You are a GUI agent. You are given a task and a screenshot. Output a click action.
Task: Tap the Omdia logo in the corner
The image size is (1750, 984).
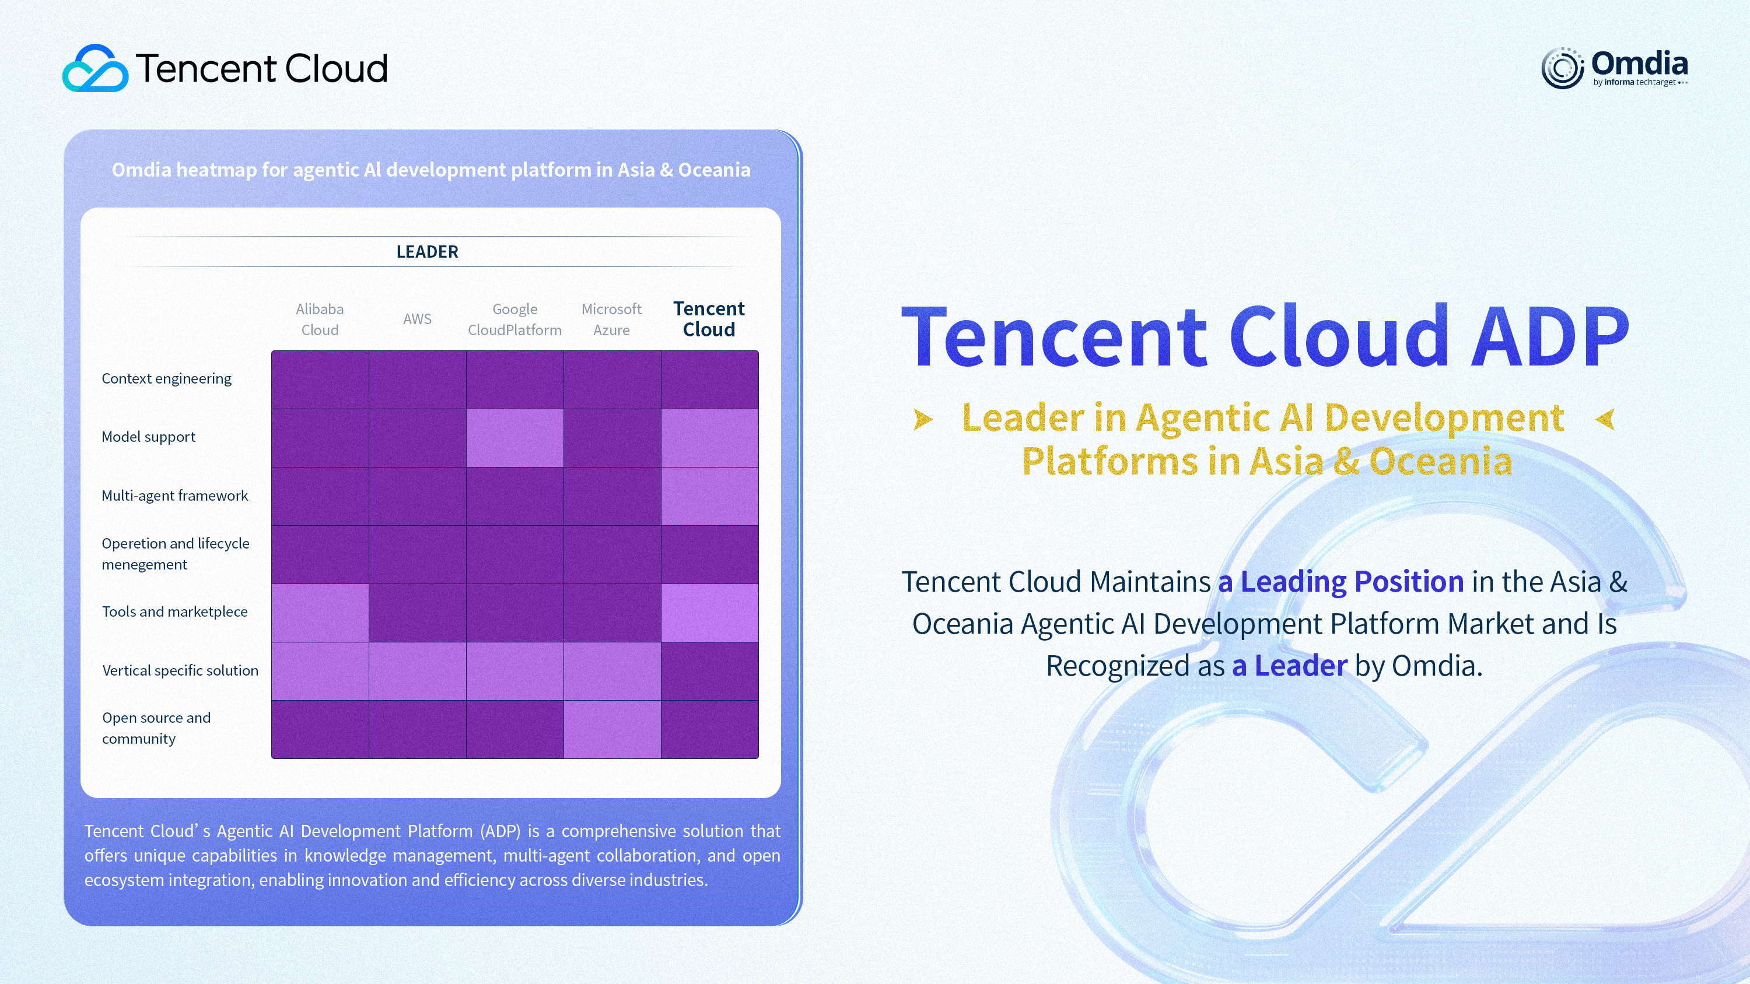tap(1614, 68)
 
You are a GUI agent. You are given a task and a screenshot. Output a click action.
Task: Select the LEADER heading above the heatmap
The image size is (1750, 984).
tap(428, 252)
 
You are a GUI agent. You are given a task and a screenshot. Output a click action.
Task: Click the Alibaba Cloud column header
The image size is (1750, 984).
tap(320, 319)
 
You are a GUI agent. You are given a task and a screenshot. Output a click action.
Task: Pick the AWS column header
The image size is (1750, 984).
tap(417, 319)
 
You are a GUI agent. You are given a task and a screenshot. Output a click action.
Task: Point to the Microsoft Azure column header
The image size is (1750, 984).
tap(611, 319)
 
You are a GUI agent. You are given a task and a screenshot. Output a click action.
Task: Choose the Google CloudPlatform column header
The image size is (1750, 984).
tap(515, 319)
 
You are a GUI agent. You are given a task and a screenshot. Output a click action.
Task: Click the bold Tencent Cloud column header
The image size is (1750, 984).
tap(709, 319)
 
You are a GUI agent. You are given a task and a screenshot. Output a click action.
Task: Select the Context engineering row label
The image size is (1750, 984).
tap(166, 379)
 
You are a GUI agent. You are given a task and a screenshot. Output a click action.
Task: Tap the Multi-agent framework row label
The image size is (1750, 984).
tap(174, 495)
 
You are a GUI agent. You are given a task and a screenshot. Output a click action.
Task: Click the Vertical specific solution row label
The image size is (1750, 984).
tap(180, 671)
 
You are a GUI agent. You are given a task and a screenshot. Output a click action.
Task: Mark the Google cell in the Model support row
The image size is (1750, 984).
tap(515, 438)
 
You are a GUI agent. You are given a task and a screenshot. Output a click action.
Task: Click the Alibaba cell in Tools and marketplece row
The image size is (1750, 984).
tap(320, 613)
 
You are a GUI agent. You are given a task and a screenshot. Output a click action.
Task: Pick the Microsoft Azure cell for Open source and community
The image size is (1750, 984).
tap(612, 729)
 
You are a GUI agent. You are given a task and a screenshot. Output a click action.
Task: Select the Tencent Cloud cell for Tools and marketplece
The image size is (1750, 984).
tap(710, 613)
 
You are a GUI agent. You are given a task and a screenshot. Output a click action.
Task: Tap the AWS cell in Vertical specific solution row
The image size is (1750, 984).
tap(418, 672)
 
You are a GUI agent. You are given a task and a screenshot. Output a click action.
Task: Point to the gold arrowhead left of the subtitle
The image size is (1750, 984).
tap(923, 419)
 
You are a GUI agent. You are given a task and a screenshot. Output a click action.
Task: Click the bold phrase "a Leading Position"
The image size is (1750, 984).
tap(1340, 582)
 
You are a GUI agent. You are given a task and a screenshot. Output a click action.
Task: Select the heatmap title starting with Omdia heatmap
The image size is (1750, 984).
tap(432, 170)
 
